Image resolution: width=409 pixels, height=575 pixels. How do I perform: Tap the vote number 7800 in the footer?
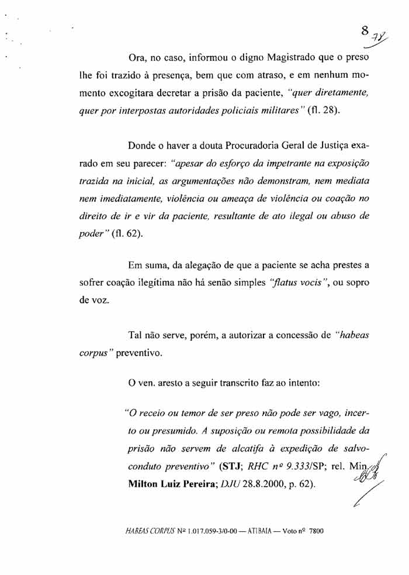[313, 532]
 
